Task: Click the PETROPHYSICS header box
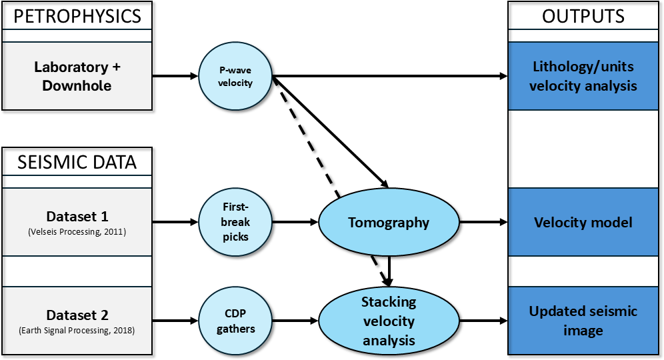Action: pyautogui.click(x=77, y=16)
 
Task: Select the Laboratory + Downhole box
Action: pyautogui.click(x=77, y=77)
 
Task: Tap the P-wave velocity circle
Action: pyautogui.click(x=236, y=77)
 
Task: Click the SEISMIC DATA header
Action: pyautogui.click(x=77, y=163)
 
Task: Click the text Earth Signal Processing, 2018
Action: pyautogui.click(x=77, y=330)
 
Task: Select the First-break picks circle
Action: pyautogui.click(x=236, y=222)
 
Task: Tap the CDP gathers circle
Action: pyautogui.click(x=236, y=321)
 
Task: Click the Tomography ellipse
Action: pyautogui.click(x=389, y=222)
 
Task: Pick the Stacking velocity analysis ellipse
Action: pyautogui.click(x=389, y=321)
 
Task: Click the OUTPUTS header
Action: pyautogui.click(x=583, y=16)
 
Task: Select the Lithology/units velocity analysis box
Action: pyautogui.click(x=583, y=77)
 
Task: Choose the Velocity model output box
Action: pyautogui.click(x=583, y=222)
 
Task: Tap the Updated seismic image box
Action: pyautogui.click(x=583, y=321)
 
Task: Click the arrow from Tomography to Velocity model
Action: pyautogui.click(x=483, y=222)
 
